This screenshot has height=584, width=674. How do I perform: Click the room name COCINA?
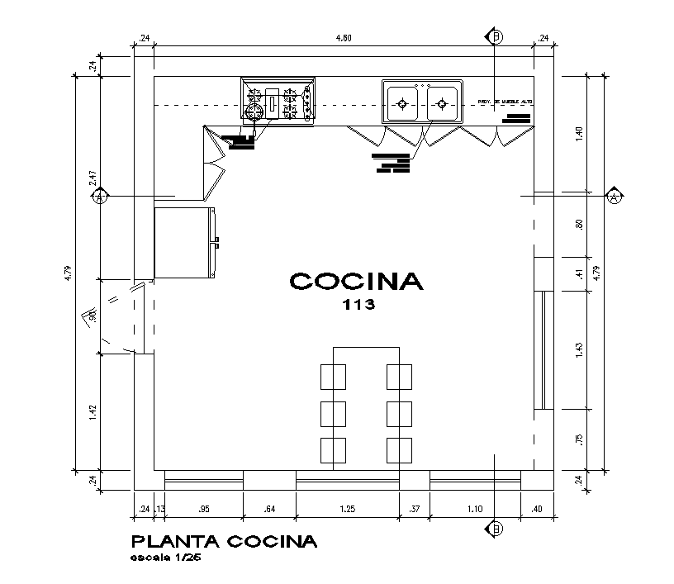pos(356,282)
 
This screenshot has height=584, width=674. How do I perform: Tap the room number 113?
pos(358,305)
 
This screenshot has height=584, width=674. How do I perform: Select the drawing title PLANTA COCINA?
pos(224,542)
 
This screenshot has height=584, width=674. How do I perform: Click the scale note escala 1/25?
pos(166,558)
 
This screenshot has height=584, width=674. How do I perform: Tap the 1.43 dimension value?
pos(580,349)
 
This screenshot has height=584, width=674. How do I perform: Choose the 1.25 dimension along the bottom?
pos(347,510)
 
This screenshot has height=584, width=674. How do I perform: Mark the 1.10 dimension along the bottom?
pos(475,510)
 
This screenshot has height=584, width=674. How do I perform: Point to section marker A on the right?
pos(614,197)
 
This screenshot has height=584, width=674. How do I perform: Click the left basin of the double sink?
pos(402,103)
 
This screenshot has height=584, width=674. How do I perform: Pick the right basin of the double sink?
pos(442,103)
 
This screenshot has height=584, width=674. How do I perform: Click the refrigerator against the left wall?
pos(185,243)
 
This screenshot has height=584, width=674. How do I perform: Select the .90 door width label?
pos(93,316)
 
